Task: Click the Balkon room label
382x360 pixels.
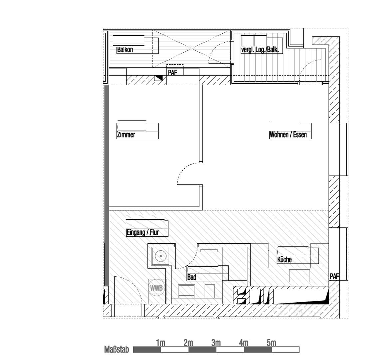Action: (x=125, y=50)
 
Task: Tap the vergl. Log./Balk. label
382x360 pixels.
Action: (x=262, y=50)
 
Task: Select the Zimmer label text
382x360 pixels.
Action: (x=126, y=135)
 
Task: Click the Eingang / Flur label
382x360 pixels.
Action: (x=143, y=233)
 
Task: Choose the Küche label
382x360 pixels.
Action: (x=284, y=260)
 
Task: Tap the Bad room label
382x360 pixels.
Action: (x=192, y=277)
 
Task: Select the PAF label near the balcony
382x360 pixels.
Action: (x=172, y=72)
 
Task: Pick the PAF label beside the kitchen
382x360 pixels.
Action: (x=334, y=277)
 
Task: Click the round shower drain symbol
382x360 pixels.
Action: (x=161, y=256)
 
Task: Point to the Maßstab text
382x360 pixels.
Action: (x=117, y=350)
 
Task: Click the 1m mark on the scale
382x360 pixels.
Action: (x=161, y=343)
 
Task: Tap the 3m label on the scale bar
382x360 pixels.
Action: (x=216, y=343)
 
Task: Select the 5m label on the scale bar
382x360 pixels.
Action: (x=271, y=343)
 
